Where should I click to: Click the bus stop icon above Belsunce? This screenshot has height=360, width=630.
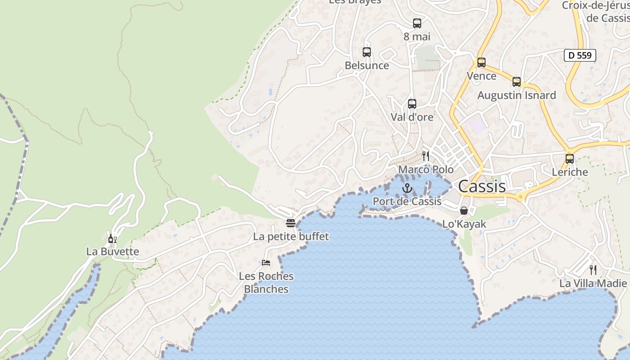coord(367,52)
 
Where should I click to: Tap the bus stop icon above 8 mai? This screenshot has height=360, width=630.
coord(417,23)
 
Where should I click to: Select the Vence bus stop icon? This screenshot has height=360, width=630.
coord(481,63)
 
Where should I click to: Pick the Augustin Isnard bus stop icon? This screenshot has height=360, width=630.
coord(517,82)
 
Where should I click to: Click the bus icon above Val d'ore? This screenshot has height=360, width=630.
coord(412,104)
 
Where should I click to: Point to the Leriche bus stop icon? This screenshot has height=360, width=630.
coord(570,159)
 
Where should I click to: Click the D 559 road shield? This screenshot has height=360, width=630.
coord(580,55)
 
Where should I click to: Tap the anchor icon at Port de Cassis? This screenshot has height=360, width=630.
coord(407,188)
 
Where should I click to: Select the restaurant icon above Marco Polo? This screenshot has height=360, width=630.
coord(426,156)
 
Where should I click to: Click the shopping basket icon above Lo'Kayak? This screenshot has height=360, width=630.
coord(464,211)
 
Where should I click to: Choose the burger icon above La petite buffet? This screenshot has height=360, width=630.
coord(291,223)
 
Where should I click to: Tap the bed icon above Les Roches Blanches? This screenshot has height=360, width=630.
coord(266,263)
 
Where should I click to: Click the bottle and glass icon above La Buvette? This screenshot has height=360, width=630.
coord(112,238)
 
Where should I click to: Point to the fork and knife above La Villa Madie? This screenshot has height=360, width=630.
coord(593,270)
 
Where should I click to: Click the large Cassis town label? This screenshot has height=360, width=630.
coord(482,186)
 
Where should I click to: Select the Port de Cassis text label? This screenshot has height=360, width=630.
coord(407,201)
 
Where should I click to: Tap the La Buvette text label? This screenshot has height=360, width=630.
coord(112,252)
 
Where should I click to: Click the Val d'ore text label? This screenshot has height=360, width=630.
coord(412,117)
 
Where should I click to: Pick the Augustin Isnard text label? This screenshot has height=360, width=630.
coord(517,95)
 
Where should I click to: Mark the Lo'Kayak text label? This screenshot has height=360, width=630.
coord(464,224)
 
